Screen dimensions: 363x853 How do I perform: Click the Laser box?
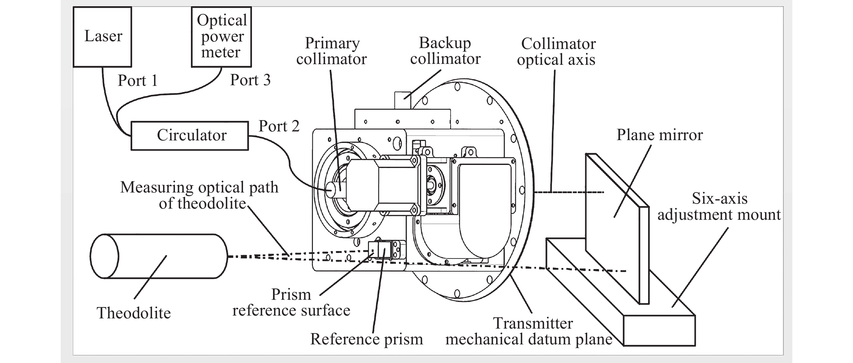102,37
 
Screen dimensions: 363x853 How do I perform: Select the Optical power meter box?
221,37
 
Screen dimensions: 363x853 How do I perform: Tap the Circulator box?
190,135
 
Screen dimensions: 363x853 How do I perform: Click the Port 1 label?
137,81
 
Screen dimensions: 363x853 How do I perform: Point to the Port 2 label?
279,126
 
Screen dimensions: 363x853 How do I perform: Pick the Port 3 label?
250,80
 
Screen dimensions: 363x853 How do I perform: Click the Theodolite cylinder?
159,256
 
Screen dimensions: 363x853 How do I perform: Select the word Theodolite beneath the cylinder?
133,313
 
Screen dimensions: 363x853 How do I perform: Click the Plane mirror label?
659,135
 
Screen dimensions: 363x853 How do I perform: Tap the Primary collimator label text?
331,51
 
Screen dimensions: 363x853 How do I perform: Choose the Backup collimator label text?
445,51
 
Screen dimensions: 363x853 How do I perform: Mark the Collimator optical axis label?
556,52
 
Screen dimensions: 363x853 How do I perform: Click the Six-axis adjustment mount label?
719,206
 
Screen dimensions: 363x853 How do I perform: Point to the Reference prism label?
366,339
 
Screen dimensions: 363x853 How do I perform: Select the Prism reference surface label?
291,302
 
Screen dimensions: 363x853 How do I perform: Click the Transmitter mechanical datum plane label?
529,331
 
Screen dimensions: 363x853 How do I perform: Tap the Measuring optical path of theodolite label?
199,195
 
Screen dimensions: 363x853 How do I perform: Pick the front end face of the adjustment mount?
659,330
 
